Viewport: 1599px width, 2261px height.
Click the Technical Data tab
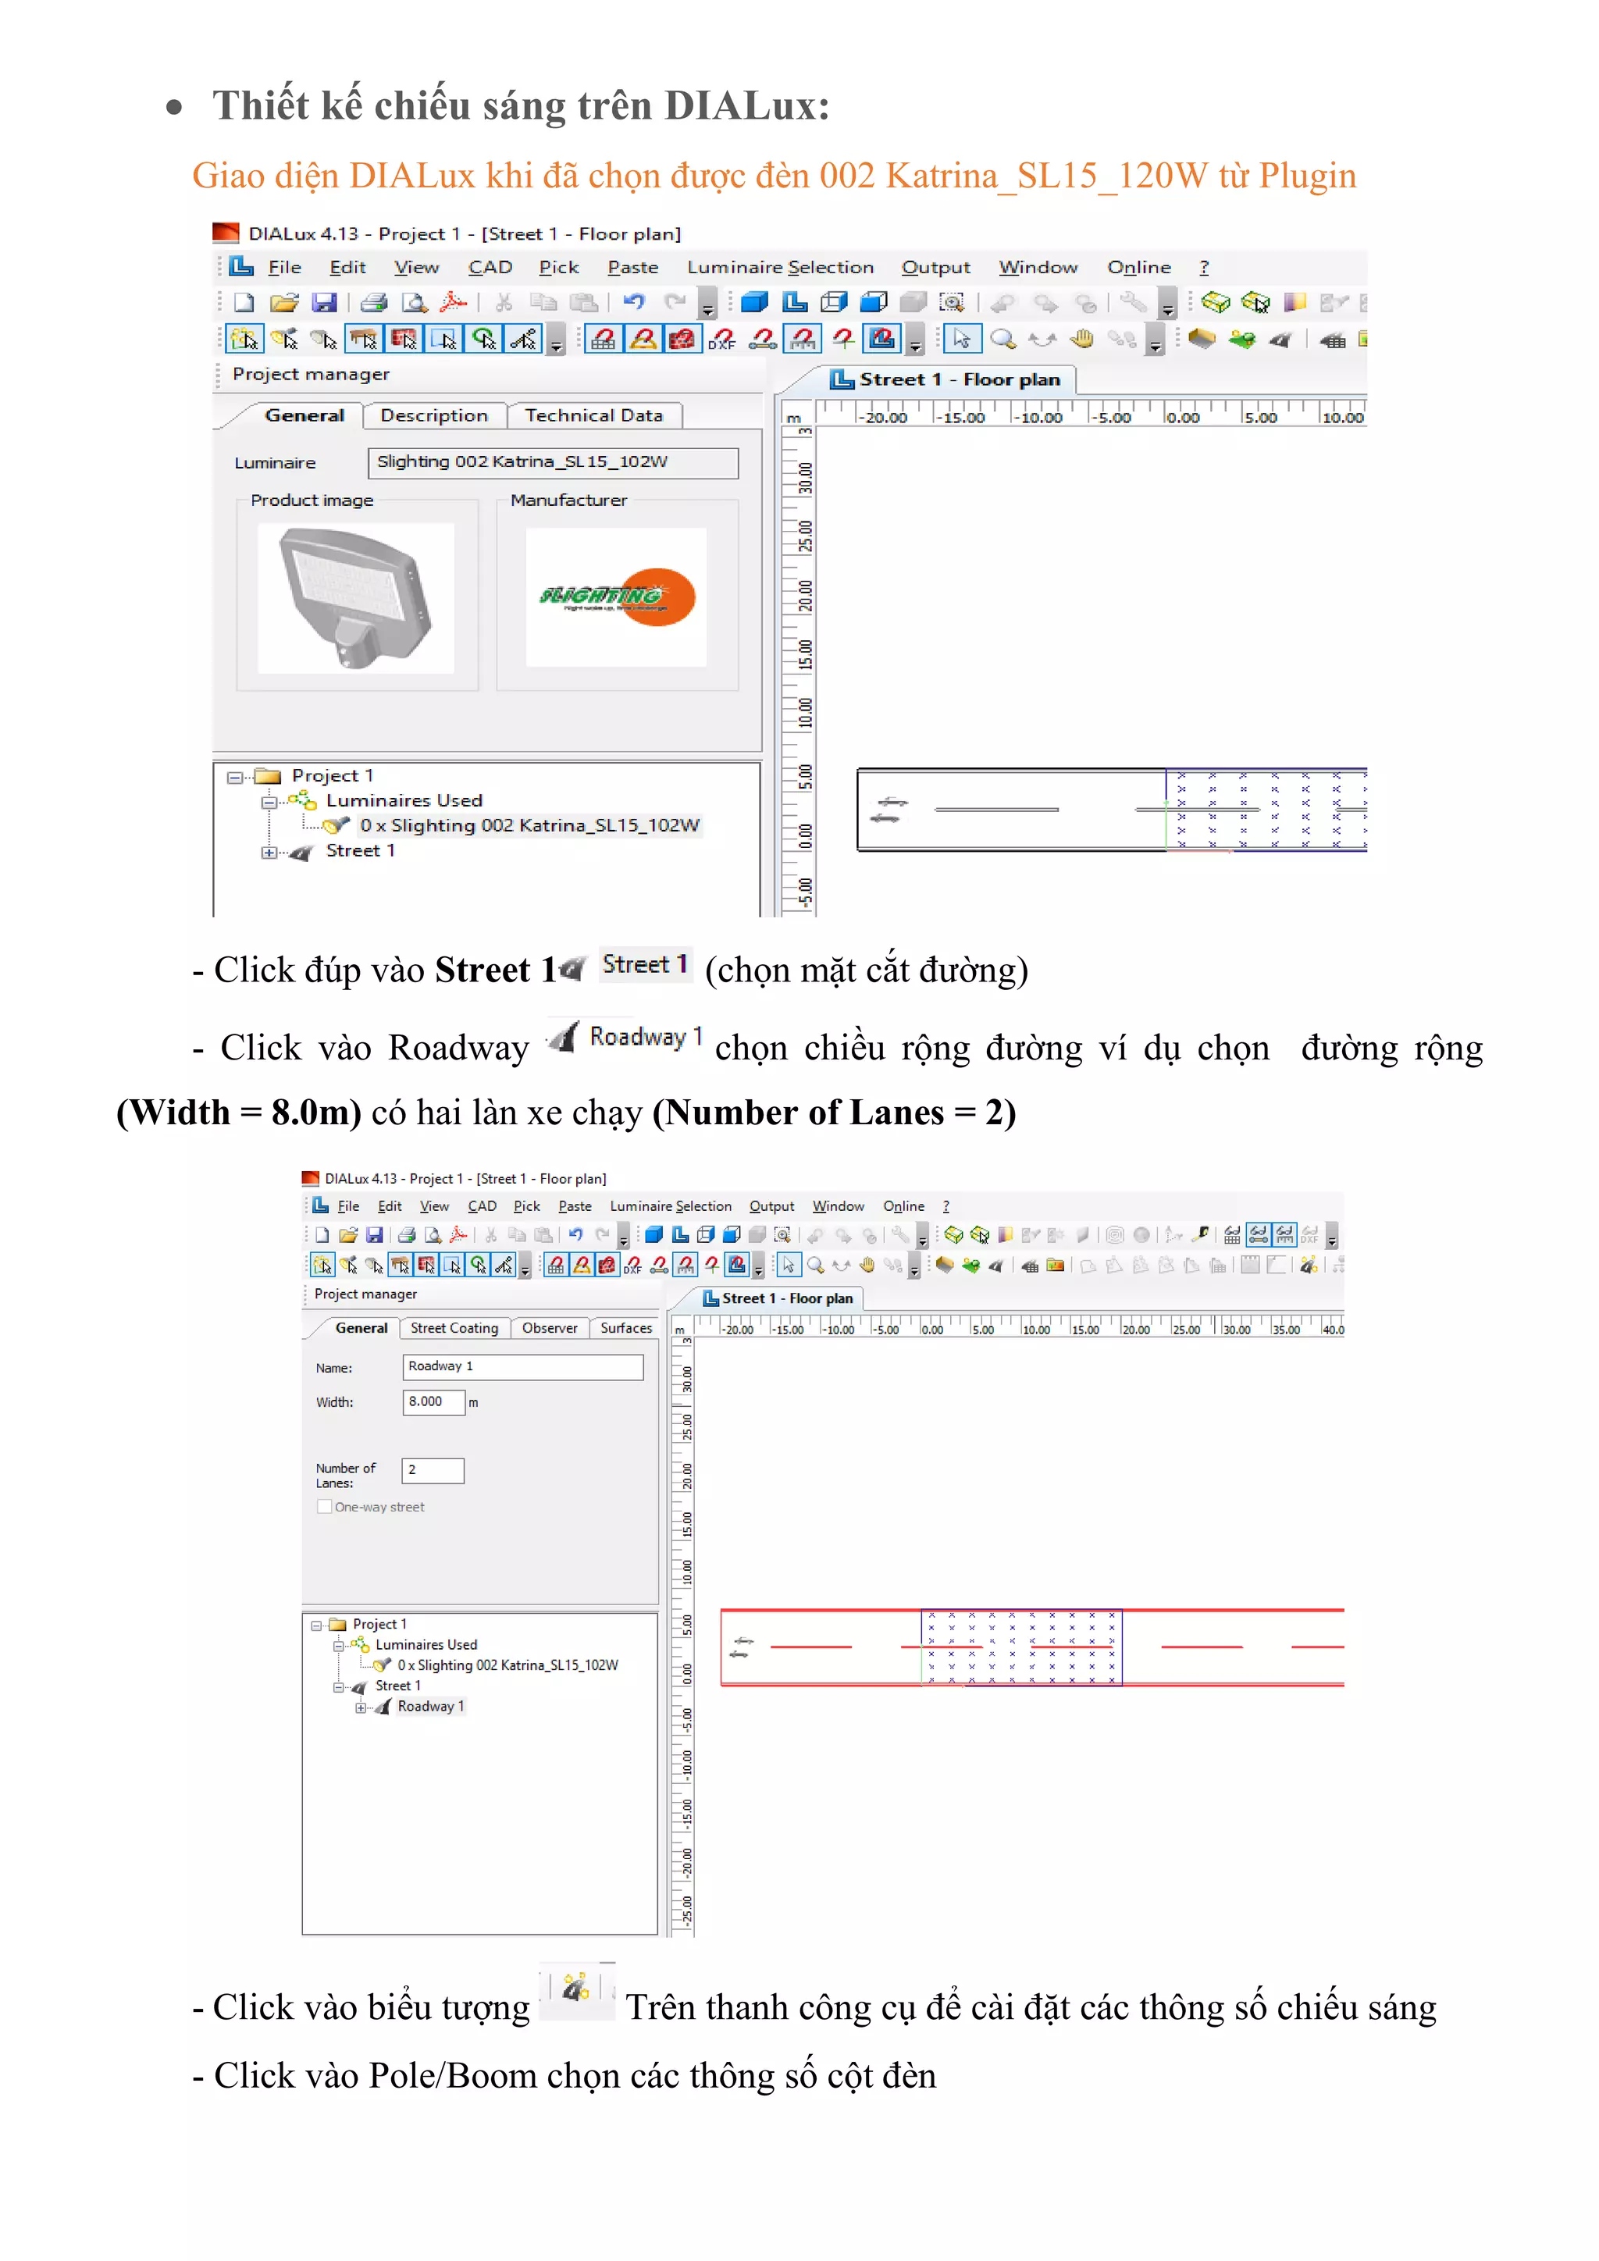click(x=593, y=415)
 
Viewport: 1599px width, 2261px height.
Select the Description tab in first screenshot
click(x=433, y=415)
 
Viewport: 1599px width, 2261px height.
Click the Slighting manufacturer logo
click(x=616, y=596)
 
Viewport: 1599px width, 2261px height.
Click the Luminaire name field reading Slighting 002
click(x=551, y=462)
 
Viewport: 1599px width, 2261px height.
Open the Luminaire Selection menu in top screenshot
click(x=779, y=267)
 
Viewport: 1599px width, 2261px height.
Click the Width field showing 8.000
click(x=433, y=1401)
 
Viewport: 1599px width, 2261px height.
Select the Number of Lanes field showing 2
click(x=433, y=1470)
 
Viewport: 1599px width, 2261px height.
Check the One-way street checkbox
click(x=324, y=1507)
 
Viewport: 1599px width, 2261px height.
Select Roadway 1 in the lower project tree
click(x=430, y=1706)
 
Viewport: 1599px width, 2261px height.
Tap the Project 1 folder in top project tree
click(x=332, y=776)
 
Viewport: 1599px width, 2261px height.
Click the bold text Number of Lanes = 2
click(x=833, y=1113)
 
